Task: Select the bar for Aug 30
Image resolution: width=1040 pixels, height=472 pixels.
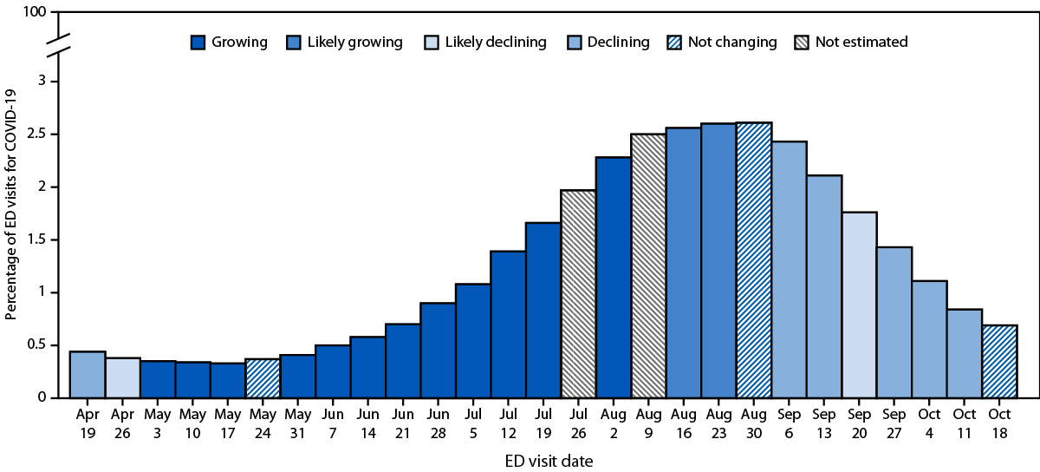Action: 754,260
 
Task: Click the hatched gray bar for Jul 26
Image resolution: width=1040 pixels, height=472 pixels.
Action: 578,294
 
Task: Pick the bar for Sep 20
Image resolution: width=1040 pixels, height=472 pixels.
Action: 859,305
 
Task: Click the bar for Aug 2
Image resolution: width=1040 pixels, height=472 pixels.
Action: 614,278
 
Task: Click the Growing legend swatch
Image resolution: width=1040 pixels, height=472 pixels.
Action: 199,43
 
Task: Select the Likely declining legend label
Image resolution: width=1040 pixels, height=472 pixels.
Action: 495,43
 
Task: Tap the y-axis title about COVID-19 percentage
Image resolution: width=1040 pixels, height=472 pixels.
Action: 11,206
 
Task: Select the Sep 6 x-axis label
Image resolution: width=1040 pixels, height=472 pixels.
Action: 790,424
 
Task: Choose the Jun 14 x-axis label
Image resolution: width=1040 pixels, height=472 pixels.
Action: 367,424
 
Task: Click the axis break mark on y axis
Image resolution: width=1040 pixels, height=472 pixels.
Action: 55,48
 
